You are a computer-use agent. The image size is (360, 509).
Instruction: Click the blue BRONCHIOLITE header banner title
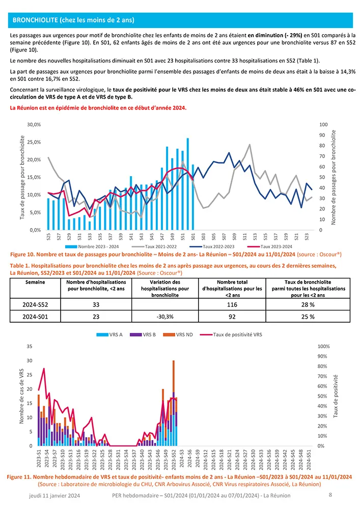pyautogui.click(x=73, y=20)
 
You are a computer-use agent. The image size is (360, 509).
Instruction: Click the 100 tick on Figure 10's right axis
pyautogui.click(x=324, y=125)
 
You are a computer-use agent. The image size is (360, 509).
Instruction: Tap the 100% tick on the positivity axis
pyautogui.click(x=324, y=346)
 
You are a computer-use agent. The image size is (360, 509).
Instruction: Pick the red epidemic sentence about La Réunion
pyautogui.click(x=98, y=108)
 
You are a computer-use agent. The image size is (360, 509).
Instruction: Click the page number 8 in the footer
pyautogui.click(x=330, y=495)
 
